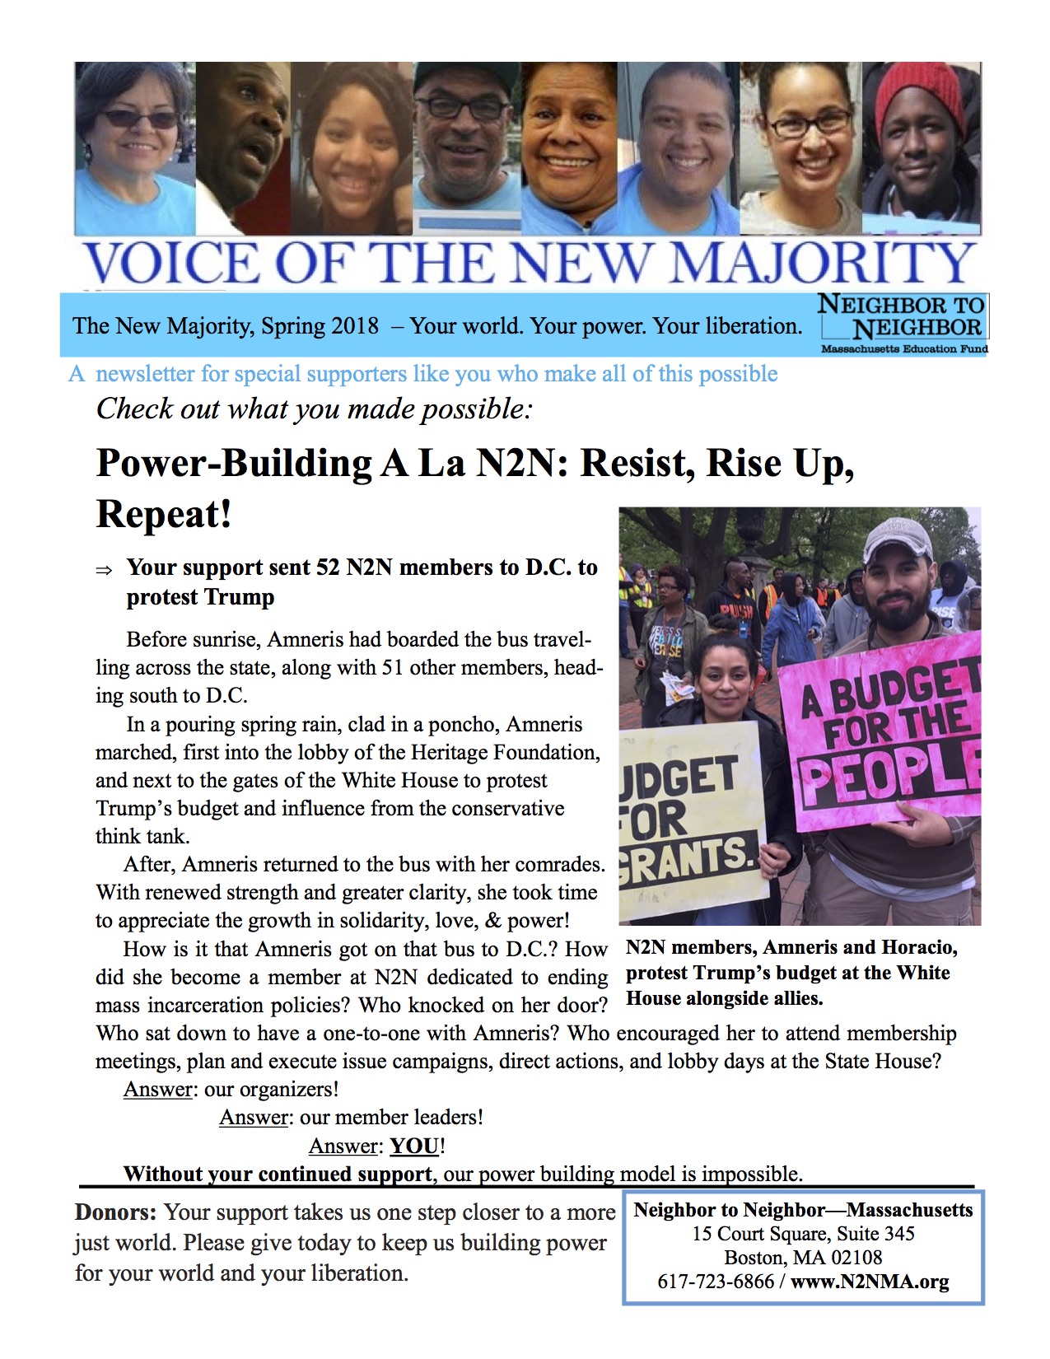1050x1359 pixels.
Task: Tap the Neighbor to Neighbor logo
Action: [x=903, y=322]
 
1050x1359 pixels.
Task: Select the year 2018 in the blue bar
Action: [x=354, y=326]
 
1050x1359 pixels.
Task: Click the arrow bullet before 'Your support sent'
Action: [x=105, y=570]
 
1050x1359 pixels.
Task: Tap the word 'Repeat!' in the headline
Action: [x=164, y=514]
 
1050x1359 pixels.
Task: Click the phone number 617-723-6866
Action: [x=716, y=1282]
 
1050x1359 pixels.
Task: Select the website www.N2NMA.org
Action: [x=870, y=1282]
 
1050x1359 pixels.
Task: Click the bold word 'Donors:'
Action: [x=115, y=1212]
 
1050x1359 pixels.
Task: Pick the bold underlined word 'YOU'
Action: [x=414, y=1146]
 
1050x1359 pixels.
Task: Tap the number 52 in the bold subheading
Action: [x=326, y=567]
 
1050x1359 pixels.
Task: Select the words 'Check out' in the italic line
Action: [x=159, y=409]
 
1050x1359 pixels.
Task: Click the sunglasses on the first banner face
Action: [x=138, y=119]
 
